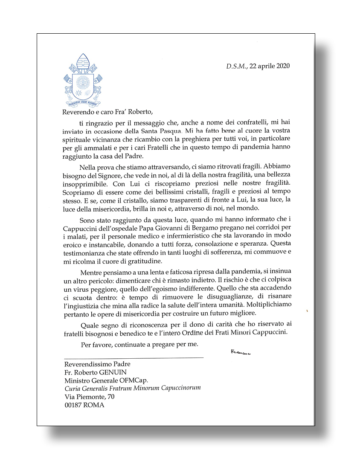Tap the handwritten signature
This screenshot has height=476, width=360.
point(240,352)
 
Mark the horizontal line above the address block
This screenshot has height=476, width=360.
point(134,357)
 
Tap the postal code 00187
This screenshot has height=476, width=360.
point(73,405)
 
